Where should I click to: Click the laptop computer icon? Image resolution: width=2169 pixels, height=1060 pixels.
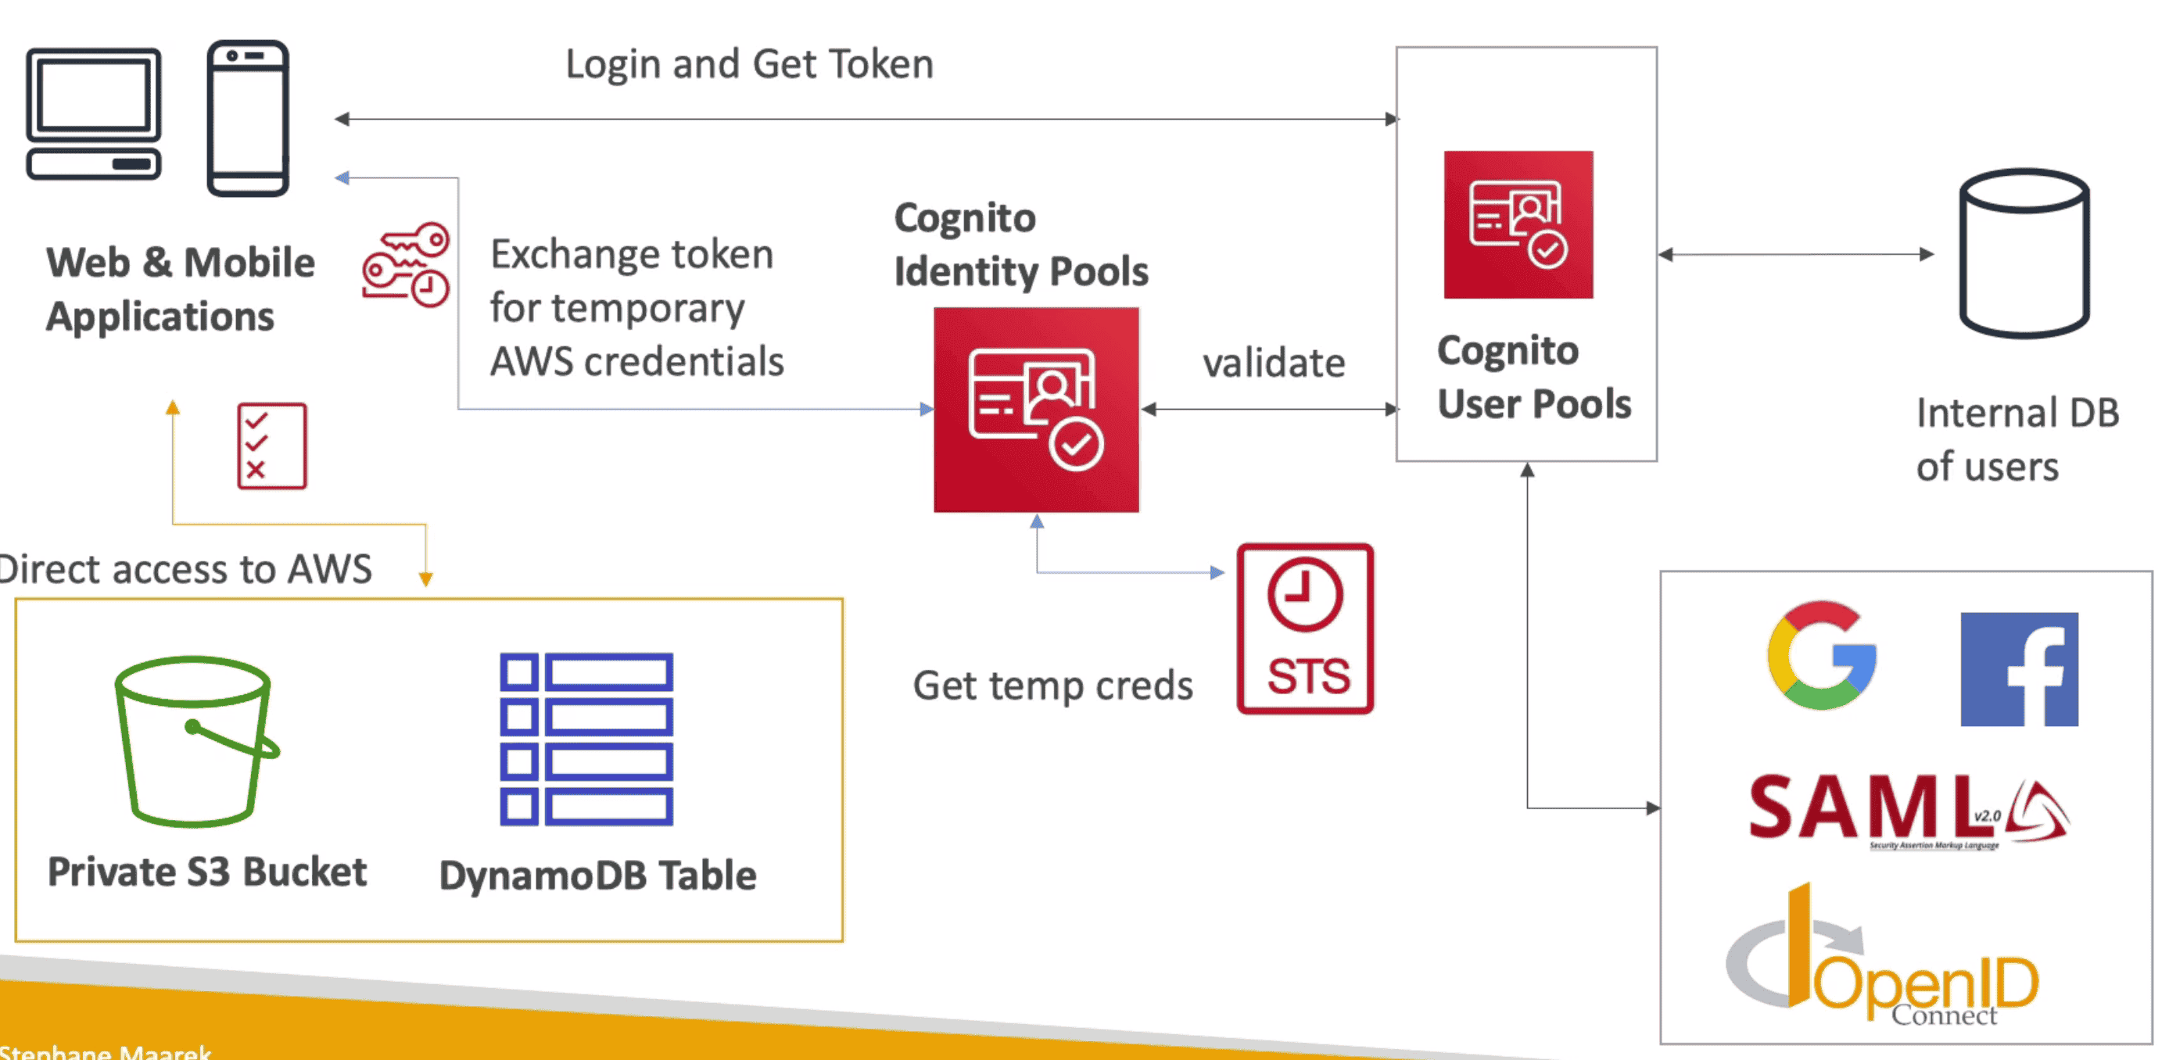(94, 113)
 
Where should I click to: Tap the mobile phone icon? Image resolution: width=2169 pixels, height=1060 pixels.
(249, 118)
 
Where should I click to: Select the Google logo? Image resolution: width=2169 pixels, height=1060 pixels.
(1821, 656)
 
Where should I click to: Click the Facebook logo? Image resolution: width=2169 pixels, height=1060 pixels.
(2018, 669)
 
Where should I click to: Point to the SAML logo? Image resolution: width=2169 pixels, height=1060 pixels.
(1907, 809)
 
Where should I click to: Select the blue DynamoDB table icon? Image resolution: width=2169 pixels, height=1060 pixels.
(586, 739)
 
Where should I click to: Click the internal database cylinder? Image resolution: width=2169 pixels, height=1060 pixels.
(2024, 252)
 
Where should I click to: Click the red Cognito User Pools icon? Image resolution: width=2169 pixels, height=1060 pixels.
(1518, 225)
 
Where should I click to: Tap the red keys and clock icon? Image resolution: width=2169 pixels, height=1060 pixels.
(406, 264)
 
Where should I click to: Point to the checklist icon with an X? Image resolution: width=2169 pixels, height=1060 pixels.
(271, 446)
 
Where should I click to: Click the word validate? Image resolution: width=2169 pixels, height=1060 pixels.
(1273, 363)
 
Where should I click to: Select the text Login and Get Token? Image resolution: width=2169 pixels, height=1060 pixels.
(748, 64)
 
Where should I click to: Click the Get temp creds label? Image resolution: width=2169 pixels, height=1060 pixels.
(1052, 686)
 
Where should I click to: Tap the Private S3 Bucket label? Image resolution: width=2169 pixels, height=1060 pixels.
(207, 872)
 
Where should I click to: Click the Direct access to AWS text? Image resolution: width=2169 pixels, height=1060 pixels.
(185, 570)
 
